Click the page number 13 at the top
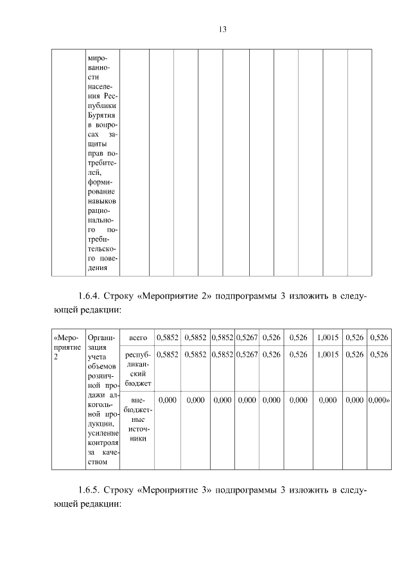tap(223, 30)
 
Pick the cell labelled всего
tap(138, 338)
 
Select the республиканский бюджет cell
tap(138, 368)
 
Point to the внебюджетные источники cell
tap(138, 419)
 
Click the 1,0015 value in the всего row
tap(328, 338)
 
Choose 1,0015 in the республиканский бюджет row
tap(328, 354)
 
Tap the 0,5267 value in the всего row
tap(247, 338)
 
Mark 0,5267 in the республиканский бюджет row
tap(247, 354)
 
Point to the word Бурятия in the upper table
tap(100, 112)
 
